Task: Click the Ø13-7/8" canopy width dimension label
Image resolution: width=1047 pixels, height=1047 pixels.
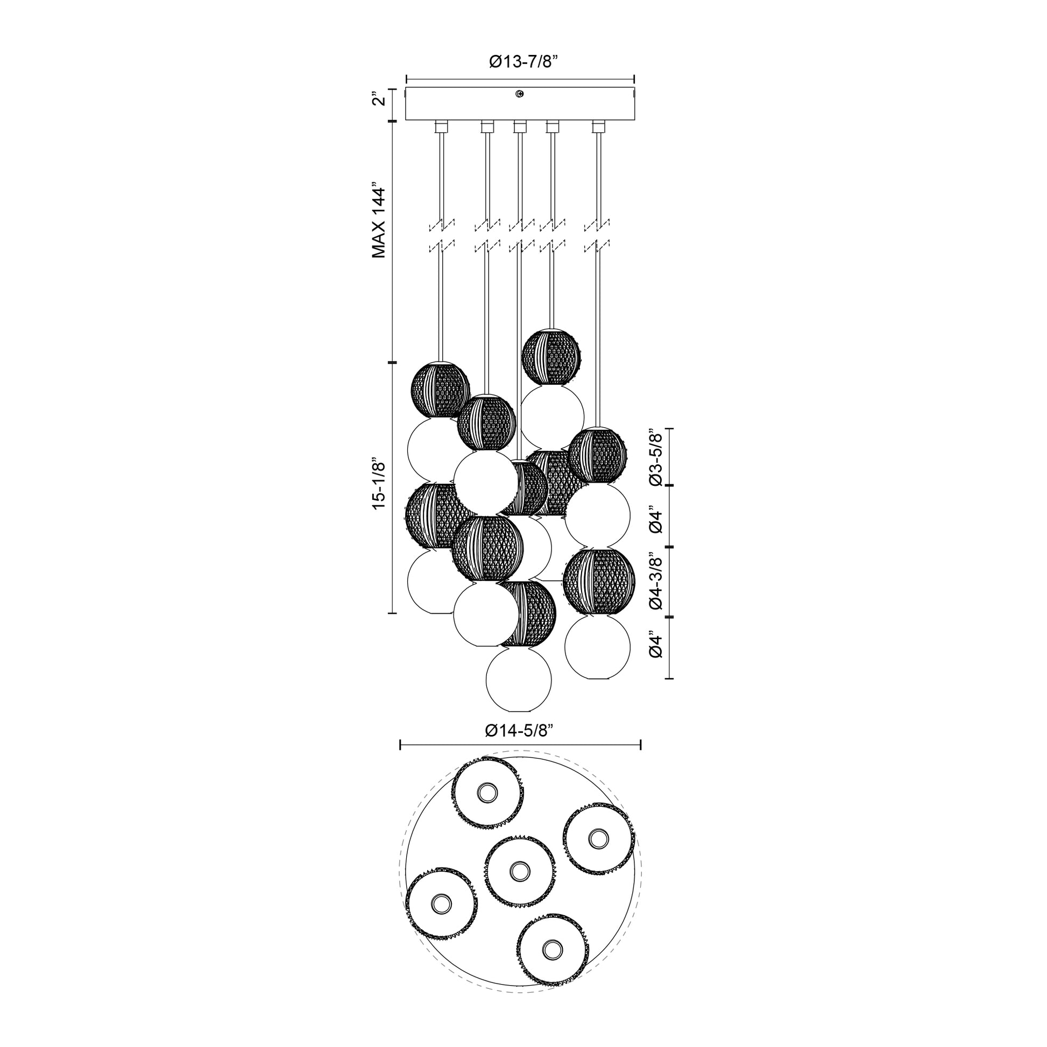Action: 523,62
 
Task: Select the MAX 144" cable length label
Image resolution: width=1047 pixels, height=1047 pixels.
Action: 379,222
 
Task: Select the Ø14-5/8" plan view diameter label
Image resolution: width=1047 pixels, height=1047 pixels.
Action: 519,731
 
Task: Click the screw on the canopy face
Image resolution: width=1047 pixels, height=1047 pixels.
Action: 520,94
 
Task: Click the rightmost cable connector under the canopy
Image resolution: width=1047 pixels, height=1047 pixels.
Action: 599,127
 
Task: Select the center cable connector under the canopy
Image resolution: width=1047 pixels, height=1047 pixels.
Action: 520,127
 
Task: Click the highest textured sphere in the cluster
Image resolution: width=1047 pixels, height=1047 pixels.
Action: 551,356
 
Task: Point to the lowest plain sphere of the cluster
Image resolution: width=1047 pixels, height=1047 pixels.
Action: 519,680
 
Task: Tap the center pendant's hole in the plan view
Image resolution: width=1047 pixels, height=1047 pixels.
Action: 519,886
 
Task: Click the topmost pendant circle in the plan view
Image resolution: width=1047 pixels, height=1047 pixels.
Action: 488,794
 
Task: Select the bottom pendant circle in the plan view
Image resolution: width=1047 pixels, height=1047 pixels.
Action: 552,964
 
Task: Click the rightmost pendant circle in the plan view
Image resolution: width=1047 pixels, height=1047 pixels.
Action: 598,838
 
